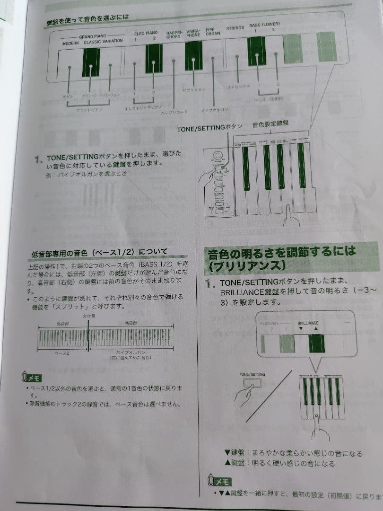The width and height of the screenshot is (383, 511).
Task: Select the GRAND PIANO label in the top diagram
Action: tap(93, 36)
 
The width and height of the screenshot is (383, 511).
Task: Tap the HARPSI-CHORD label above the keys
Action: tap(173, 35)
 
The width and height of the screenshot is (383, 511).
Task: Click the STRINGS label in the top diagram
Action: tap(235, 28)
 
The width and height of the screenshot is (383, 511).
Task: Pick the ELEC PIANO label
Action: tap(146, 34)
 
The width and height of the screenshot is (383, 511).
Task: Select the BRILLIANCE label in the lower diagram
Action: tap(308, 323)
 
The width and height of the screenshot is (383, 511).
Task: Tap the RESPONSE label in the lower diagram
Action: tap(270, 324)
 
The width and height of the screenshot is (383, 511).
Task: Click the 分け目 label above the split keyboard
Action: tap(89, 315)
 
